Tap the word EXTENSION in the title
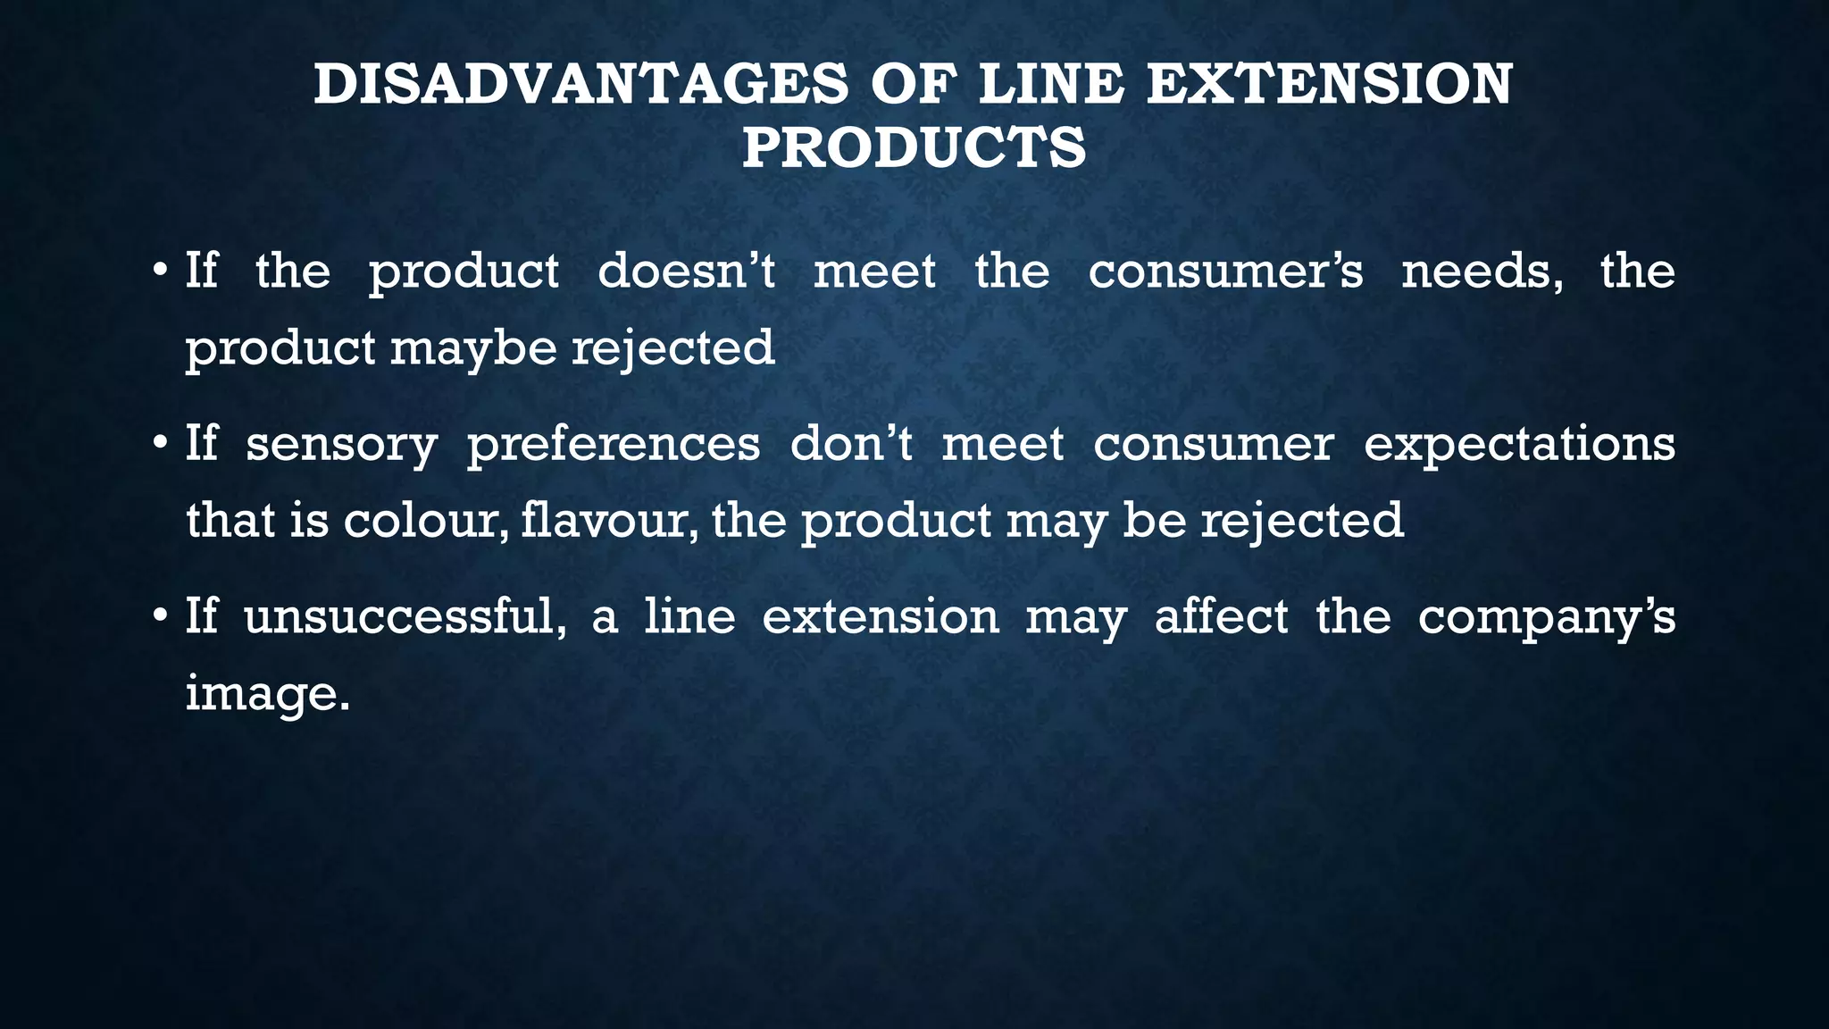pyautogui.click(x=1330, y=85)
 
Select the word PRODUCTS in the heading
pyautogui.click(x=914, y=147)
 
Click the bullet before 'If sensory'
pyautogui.click(x=159, y=443)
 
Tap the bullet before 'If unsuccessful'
pyautogui.click(x=159, y=616)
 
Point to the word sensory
pyautogui.click(x=341, y=445)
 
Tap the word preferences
pyautogui.click(x=614, y=445)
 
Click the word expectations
pyautogui.click(x=1519, y=445)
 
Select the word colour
pyautogui.click(x=426, y=520)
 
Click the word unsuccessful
pyautogui.click(x=405, y=616)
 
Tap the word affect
pyautogui.click(x=1221, y=616)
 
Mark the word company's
pyautogui.click(x=1546, y=618)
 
